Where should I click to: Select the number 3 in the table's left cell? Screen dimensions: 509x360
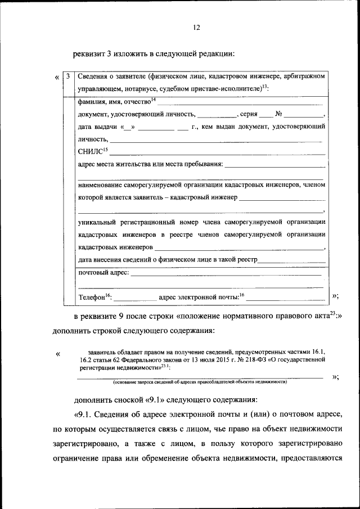point(67,76)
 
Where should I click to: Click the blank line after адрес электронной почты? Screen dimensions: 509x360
point(285,298)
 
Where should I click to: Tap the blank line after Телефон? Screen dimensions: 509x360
point(135,298)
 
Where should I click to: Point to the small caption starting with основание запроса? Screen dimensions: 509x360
point(200,382)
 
